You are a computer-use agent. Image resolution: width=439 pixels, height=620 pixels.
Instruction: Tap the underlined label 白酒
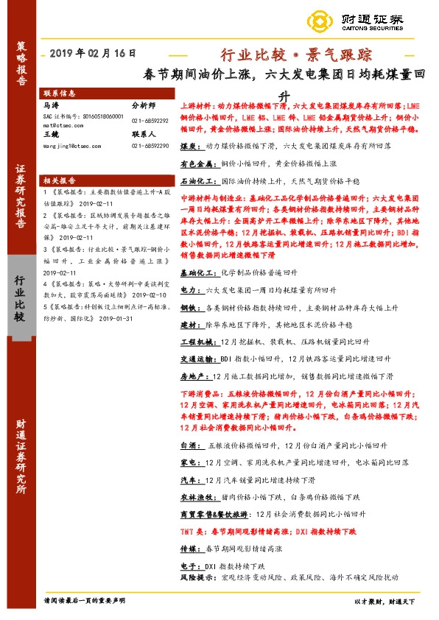(188, 445)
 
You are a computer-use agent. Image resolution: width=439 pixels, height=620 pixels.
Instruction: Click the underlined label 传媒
(188, 548)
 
